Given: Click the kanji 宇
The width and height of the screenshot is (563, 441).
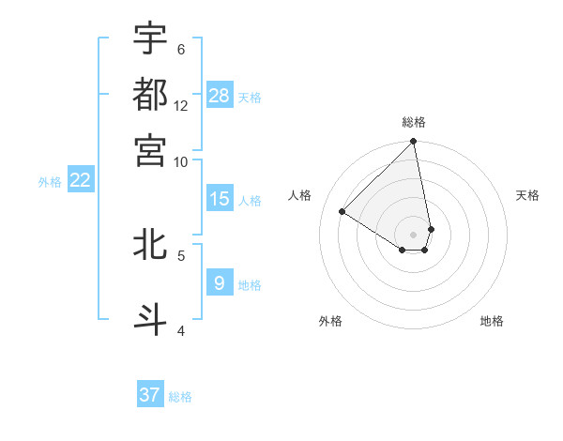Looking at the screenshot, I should coord(150,38).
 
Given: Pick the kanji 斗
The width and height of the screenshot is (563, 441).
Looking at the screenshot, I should coord(150,318).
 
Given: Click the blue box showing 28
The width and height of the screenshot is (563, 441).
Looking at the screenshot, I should coord(220,95).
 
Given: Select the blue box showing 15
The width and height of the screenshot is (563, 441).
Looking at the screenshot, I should coord(220,199).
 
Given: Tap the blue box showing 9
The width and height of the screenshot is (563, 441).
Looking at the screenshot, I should coord(220,282).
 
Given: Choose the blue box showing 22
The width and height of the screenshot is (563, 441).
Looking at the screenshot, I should coord(80,180).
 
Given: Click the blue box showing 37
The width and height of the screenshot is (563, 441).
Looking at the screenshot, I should coord(150,395).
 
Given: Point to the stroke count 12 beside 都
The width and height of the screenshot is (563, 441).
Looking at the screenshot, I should coord(181,105).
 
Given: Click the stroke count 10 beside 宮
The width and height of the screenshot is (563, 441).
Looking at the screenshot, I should coord(181,160).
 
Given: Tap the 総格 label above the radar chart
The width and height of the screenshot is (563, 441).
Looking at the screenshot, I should coord(414,122).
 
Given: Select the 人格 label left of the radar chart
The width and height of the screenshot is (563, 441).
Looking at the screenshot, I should coord(300,195).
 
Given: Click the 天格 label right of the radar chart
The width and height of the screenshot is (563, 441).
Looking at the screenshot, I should coord(527,195).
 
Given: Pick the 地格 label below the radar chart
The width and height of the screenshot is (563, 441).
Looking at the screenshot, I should coord(492,321).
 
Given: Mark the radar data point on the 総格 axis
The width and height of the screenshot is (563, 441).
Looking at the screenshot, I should coord(414,143).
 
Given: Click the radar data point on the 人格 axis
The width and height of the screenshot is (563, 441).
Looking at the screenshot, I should coord(342,212).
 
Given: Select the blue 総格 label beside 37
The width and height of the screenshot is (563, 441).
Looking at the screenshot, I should coord(180,397).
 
